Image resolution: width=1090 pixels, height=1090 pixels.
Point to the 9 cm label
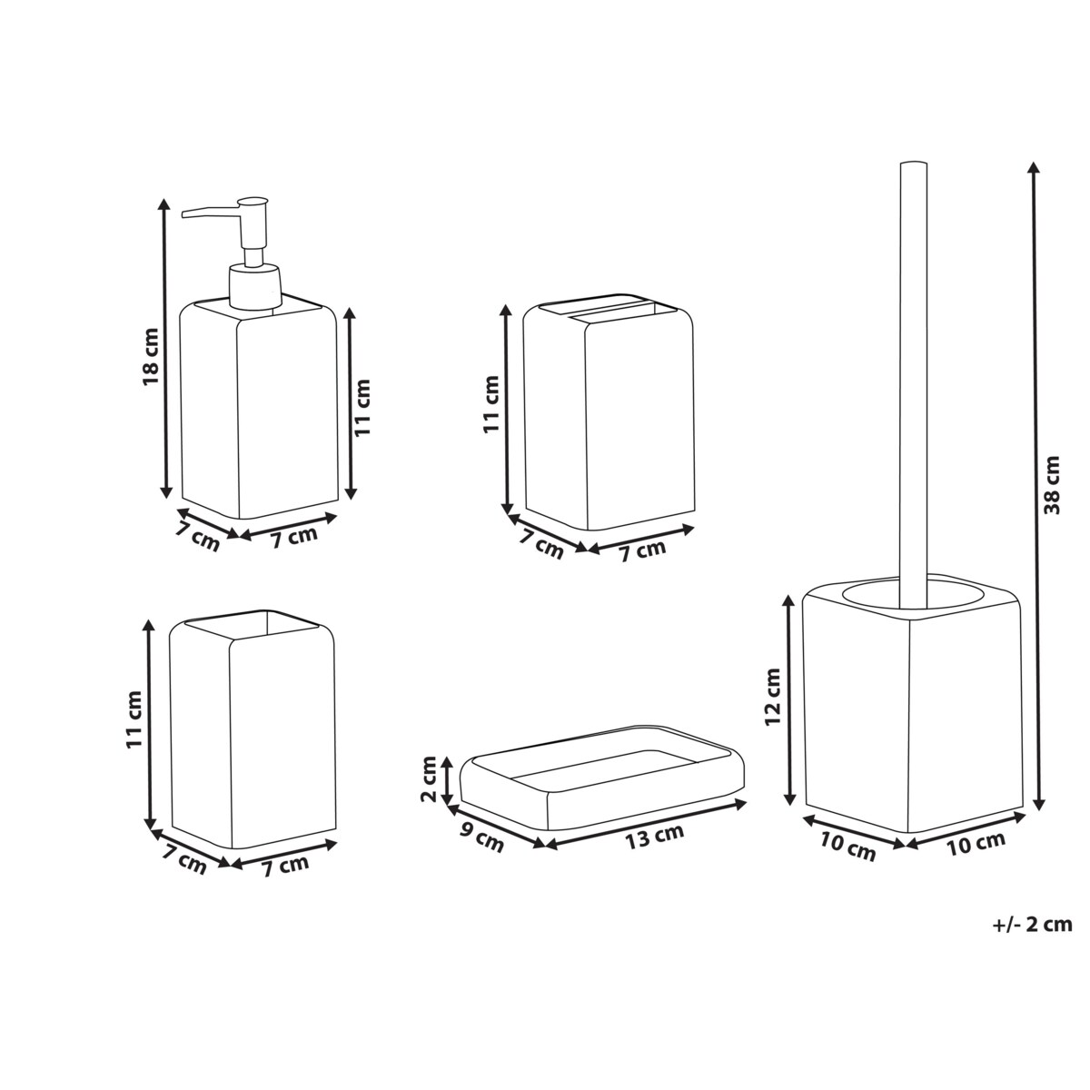click(481, 837)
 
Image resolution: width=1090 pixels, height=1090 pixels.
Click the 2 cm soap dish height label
click(429, 779)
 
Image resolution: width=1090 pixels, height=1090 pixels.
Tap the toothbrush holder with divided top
click(609, 418)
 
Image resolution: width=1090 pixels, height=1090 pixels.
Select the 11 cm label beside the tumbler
click(134, 719)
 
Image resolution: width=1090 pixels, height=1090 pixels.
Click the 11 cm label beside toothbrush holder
click(490, 401)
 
